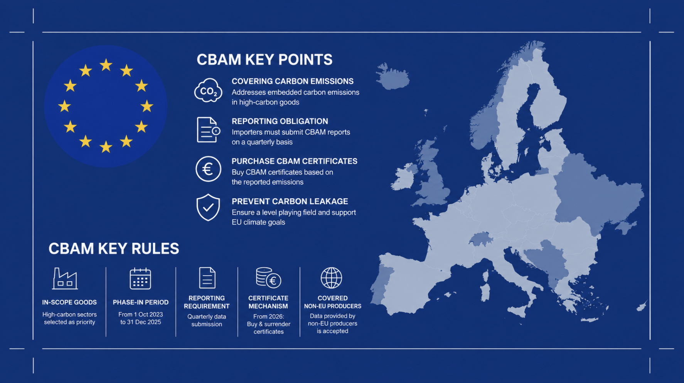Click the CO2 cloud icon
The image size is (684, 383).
pos(208,90)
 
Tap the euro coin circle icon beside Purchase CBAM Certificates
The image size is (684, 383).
pos(208,169)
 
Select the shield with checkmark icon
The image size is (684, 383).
pos(208,207)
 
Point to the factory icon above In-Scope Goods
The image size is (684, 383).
pos(65,278)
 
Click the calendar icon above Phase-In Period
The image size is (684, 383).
pos(140,278)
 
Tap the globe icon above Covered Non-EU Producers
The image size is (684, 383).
pos(331,278)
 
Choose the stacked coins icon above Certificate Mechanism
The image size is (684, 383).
pos(268,278)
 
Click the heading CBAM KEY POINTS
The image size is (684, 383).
pos(265,60)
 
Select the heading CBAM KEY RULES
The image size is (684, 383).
pos(114,249)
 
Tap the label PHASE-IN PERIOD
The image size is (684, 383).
pos(141,302)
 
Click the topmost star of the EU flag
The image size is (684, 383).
pos(106,65)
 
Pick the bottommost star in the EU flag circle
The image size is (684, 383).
pos(106,147)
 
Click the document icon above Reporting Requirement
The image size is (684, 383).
pos(207,278)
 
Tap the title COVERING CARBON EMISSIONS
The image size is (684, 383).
pos(293,81)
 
